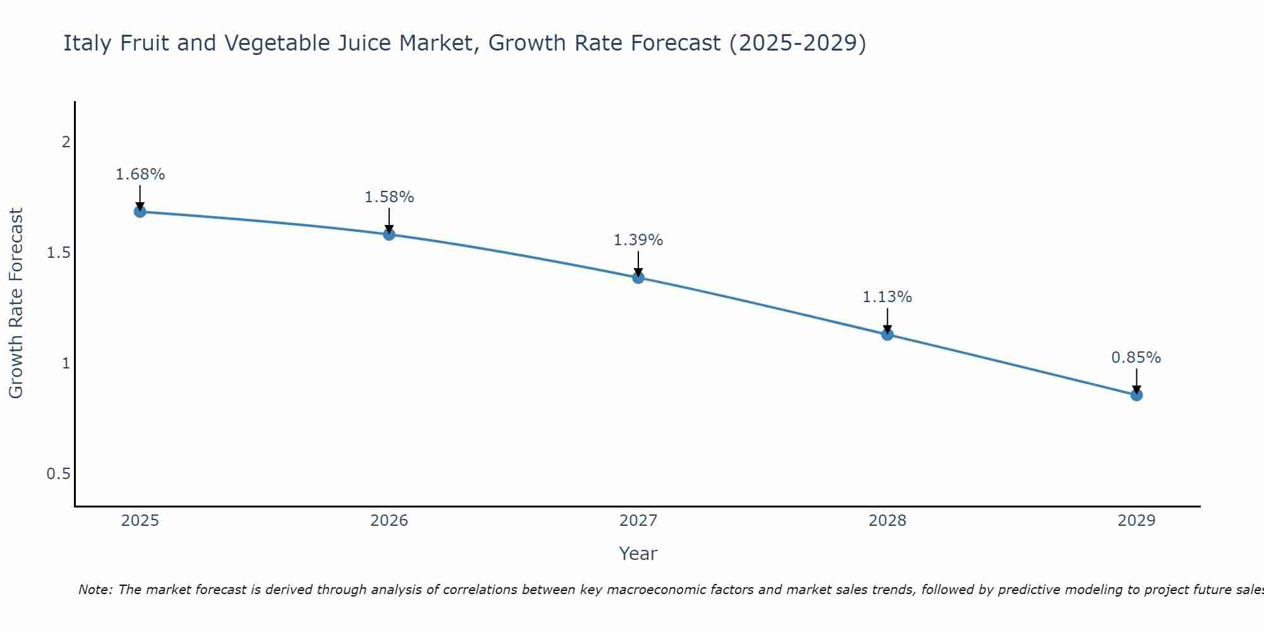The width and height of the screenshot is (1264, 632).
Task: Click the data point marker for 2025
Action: pyautogui.click(x=140, y=212)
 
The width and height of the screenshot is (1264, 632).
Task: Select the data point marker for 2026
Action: pyautogui.click(x=389, y=234)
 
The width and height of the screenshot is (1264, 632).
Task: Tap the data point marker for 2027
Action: pyautogui.click(x=638, y=277)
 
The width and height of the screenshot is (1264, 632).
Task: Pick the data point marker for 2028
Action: pyautogui.click(x=887, y=334)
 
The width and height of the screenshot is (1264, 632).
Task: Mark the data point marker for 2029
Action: pyautogui.click(x=1136, y=395)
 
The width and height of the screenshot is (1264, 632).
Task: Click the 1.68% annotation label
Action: pyautogui.click(x=140, y=174)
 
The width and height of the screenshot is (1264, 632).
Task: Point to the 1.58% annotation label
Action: pyautogui.click(x=389, y=197)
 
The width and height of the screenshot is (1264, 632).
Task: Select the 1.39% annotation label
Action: pyautogui.click(x=638, y=240)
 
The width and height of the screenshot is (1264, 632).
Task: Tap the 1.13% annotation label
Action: pyautogui.click(x=887, y=297)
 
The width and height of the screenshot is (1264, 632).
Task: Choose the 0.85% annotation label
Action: pyautogui.click(x=1136, y=358)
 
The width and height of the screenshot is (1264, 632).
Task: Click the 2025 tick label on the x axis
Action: pyautogui.click(x=140, y=521)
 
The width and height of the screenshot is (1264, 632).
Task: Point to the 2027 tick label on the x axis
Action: pyautogui.click(x=638, y=521)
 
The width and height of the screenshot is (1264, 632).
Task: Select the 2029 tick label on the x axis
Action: pyautogui.click(x=1136, y=521)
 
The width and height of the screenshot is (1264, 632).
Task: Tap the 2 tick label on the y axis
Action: pyautogui.click(x=66, y=142)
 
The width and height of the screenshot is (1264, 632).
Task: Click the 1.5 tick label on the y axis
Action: pyautogui.click(x=58, y=253)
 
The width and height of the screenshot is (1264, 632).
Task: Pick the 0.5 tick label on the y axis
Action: pyautogui.click(x=58, y=474)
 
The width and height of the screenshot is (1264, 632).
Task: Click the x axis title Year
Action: pyautogui.click(x=638, y=554)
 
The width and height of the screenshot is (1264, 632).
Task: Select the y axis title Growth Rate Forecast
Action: pyautogui.click(x=16, y=303)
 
